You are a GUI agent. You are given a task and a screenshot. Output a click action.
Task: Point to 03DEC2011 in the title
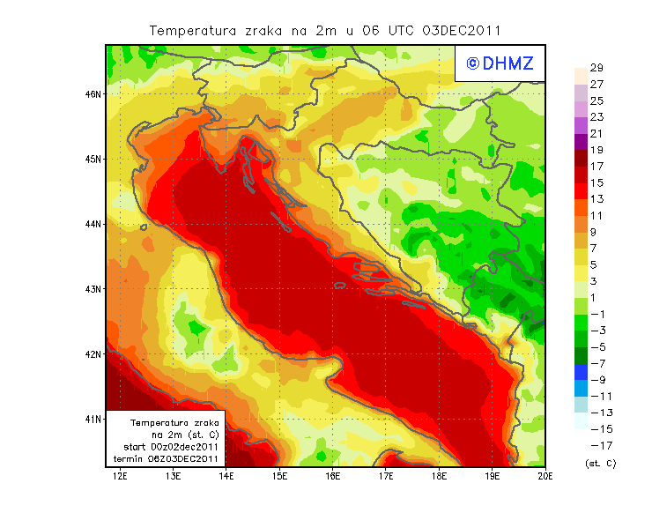point(462,30)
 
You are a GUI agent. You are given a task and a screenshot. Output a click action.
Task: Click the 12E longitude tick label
point(121,477)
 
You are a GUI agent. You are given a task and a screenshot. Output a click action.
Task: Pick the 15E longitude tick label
point(280,477)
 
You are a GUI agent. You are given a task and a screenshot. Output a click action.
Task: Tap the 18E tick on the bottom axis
point(440,477)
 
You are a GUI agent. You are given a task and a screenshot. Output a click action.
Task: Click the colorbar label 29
point(596,68)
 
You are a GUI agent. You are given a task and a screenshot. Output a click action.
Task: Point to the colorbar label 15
point(596,183)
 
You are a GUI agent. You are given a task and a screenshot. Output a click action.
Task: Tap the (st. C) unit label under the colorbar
point(600,463)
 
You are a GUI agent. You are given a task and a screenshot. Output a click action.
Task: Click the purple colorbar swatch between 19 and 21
point(581,142)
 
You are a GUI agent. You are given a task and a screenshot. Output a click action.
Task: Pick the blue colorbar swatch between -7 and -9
point(581,372)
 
